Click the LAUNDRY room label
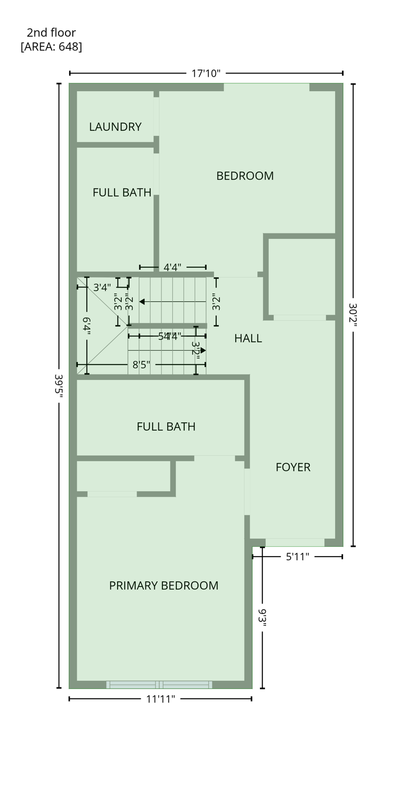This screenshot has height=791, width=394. click(x=115, y=127)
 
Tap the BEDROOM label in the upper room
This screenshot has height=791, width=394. click(x=244, y=176)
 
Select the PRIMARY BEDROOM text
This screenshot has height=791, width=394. click(x=163, y=586)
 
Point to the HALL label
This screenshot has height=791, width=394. click(x=248, y=338)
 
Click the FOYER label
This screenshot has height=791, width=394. click(x=292, y=467)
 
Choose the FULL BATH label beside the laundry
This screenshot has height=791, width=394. click(x=122, y=192)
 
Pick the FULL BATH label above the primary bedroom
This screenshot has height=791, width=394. click(x=166, y=426)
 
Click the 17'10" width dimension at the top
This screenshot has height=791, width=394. click(x=206, y=73)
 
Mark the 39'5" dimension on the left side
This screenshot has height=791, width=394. click(x=58, y=384)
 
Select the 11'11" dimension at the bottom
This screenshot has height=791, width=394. click(x=160, y=699)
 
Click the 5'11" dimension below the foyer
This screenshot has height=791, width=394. click(x=298, y=557)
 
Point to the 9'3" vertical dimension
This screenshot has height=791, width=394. click(x=262, y=617)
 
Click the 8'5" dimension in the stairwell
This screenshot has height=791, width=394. click(x=141, y=365)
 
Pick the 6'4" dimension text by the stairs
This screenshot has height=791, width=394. click(x=87, y=326)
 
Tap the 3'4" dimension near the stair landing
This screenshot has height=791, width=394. click(x=102, y=287)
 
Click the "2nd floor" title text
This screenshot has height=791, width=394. click(x=51, y=32)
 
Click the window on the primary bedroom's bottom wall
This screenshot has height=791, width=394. click(x=159, y=684)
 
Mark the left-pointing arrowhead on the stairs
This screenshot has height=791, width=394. click(x=142, y=301)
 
